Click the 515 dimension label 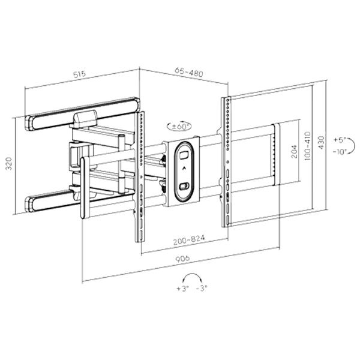pyautogui.click(x=79, y=74)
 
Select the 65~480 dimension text pyautogui.click(x=189, y=72)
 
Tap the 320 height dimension pyautogui.click(x=9, y=163)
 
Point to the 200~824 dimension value pyautogui.click(x=189, y=240)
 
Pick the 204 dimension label pyautogui.click(x=294, y=151)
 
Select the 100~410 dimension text pyautogui.click(x=307, y=146)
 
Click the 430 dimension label pyautogui.click(x=322, y=142)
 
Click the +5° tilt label pyautogui.click(x=340, y=140)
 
